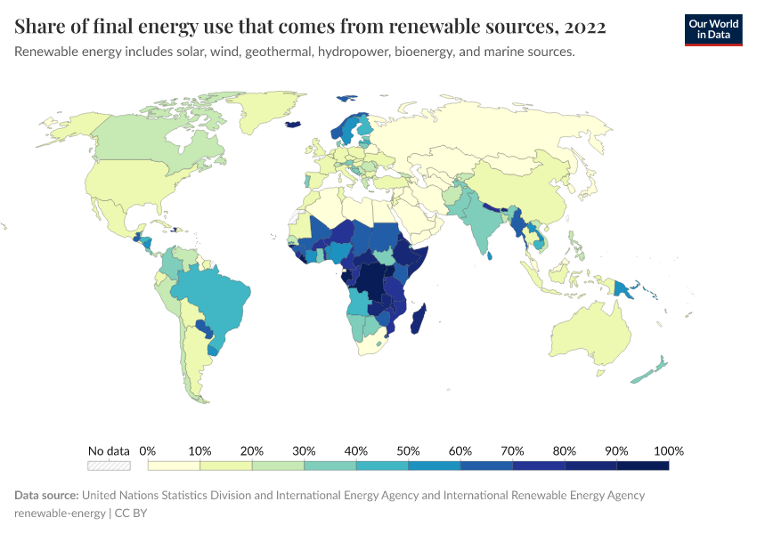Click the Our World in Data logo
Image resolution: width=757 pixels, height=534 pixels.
(x=712, y=30)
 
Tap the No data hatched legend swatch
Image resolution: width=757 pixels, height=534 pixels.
(x=109, y=465)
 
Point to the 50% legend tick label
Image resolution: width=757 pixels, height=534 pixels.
(x=408, y=450)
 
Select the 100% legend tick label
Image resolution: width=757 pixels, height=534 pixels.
(x=668, y=450)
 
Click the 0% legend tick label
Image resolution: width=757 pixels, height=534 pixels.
(x=148, y=450)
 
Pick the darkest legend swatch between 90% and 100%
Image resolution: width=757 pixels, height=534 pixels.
(x=642, y=465)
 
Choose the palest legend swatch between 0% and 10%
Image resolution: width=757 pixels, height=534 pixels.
(x=174, y=465)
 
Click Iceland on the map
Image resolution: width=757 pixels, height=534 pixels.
(x=293, y=125)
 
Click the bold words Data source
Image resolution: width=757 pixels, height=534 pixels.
(x=46, y=495)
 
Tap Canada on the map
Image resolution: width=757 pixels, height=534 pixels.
(x=142, y=142)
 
